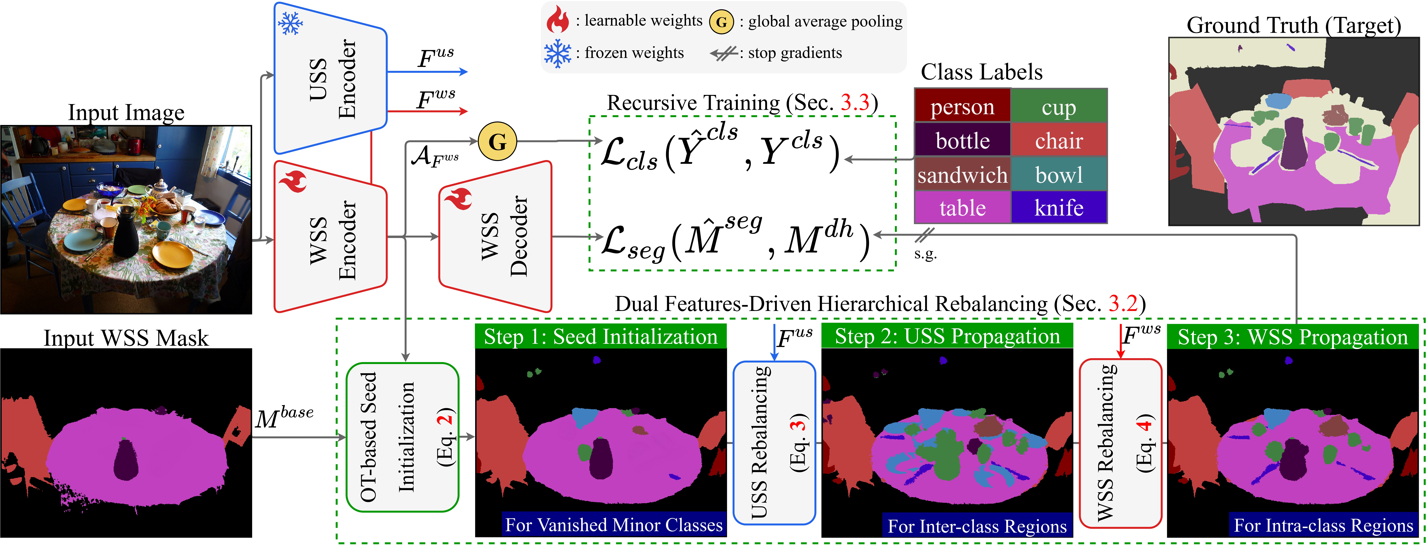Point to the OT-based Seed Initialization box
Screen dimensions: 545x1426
pyautogui.click(x=402, y=437)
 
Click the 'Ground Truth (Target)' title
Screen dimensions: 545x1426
pyautogui.click(x=1294, y=25)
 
